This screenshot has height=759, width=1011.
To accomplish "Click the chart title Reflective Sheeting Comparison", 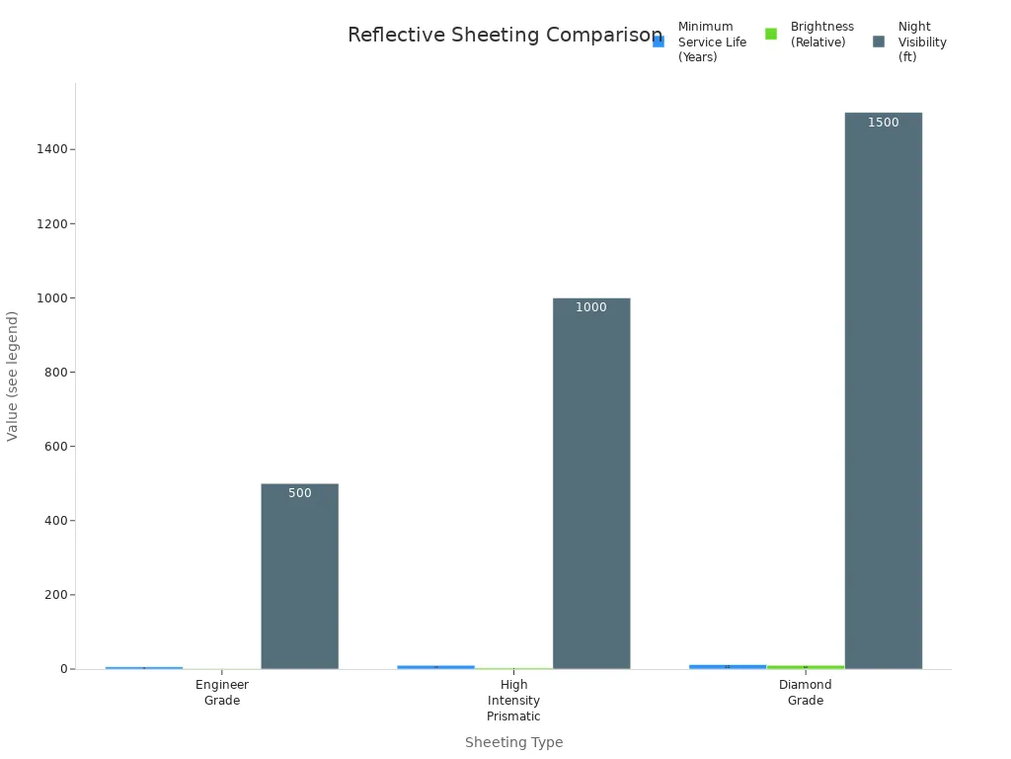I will (505, 36).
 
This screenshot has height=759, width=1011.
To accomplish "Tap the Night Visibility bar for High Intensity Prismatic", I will (591, 483).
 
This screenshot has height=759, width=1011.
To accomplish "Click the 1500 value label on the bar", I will (883, 123).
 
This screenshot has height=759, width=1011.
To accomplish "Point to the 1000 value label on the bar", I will (591, 307).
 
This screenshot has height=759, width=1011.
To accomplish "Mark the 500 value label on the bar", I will (299, 493).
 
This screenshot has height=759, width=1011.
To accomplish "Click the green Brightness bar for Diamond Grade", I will (806, 667).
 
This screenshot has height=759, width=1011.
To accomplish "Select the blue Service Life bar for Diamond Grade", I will (728, 667).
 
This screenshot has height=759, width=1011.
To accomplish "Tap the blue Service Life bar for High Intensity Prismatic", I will (435, 667).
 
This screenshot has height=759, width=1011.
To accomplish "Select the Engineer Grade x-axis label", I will (222, 692).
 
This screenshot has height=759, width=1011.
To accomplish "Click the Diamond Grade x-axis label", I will (806, 692).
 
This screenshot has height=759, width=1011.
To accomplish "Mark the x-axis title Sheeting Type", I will (513, 742).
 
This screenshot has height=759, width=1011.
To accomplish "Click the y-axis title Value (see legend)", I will (13, 376).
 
